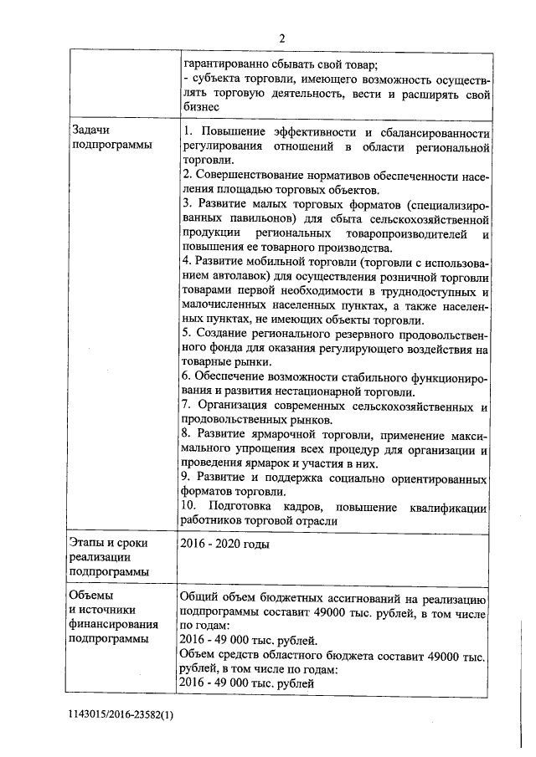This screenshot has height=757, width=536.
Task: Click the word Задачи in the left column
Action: pyautogui.click(x=92, y=130)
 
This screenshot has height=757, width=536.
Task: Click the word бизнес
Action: pyautogui.click(x=201, y=106)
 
